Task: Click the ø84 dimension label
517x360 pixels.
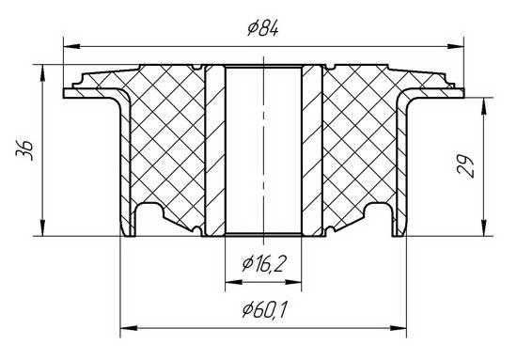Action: click(263, 28)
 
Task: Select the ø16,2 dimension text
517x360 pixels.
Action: click(263, 264)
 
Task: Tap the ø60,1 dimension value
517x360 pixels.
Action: click(264, 310)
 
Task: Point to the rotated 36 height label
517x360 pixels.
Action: click(24, 150)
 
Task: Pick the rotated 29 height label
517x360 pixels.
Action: click(465, 165)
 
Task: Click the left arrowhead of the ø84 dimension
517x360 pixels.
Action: click(71, 46)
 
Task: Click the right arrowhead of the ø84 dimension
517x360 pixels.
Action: click(455, 46)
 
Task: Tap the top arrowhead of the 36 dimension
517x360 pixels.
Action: click(42, 73)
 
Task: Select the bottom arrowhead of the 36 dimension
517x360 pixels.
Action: click(42, 227)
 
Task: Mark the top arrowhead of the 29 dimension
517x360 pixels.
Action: click(483, 106)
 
